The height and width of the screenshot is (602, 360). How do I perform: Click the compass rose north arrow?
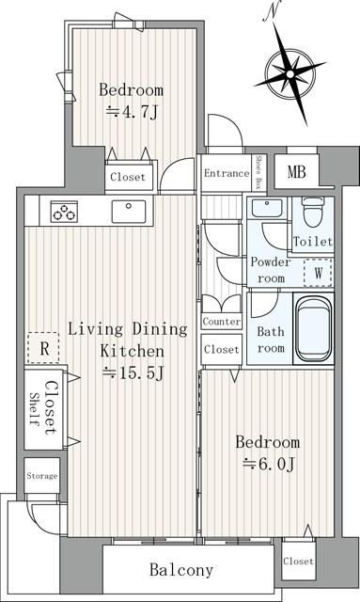(290, 72)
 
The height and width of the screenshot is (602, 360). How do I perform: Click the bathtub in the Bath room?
(314, 327)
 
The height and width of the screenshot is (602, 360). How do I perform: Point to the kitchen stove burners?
(64, 212)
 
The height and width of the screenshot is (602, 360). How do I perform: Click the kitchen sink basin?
(129, 211)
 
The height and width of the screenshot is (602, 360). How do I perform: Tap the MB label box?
(296, 171)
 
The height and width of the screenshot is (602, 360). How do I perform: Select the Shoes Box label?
(258, 171)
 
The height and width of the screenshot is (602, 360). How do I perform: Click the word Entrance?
(227, 173)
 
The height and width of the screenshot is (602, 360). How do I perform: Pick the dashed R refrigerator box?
(43, 348)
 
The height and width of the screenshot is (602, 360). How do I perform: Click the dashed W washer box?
(318, 273)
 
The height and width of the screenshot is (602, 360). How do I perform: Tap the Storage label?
(42, 476)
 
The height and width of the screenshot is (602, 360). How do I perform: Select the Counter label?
(222, 321)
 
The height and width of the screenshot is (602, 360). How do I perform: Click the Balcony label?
(181, 569)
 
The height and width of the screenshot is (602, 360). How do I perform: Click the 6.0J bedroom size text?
(269, 464)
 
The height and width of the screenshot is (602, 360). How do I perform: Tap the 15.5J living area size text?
(133, 372)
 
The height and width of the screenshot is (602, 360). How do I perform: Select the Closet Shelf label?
(43, 407)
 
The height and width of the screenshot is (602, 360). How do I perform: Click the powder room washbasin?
(266, 208)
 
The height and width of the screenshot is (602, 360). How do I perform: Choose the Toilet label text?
(312, 241)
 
